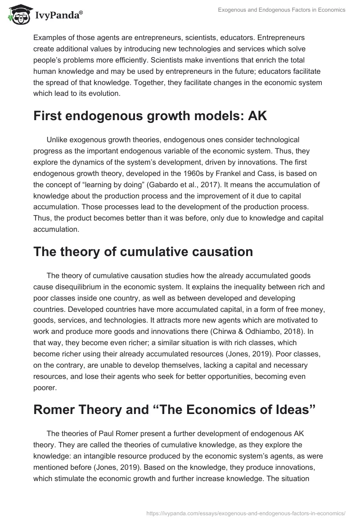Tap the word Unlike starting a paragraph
click(56, 139)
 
